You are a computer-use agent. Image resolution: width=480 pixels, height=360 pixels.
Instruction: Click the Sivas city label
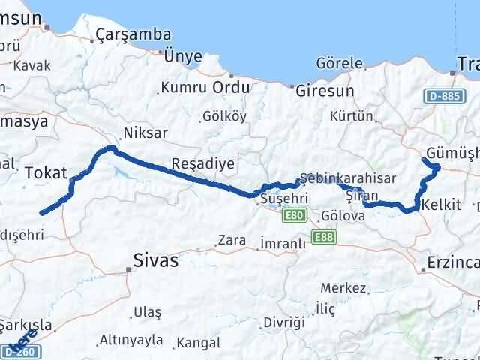[155, 260]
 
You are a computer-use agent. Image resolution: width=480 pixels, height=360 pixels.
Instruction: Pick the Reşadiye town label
[193, 163]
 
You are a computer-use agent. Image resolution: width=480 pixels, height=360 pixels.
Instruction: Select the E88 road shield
[325, 237]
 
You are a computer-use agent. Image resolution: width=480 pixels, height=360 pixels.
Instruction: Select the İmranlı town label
[283, 243]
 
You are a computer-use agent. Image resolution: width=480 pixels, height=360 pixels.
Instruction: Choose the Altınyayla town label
[131, 340]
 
